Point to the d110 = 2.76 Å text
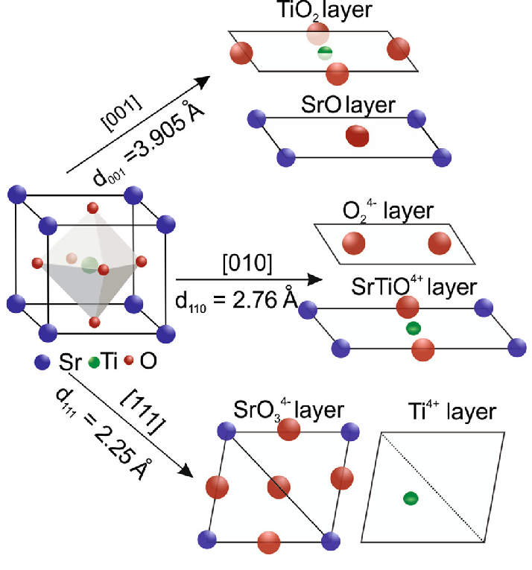click(x=235, y=300)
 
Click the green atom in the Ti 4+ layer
click(x=409, y=498)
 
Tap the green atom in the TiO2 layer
click(x=325, y=52)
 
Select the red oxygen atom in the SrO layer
click(x=358, y=136)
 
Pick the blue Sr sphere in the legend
click(x=42, y=363)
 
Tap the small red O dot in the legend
click(x=129, y=362)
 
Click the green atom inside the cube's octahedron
click(x=89, y=263)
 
